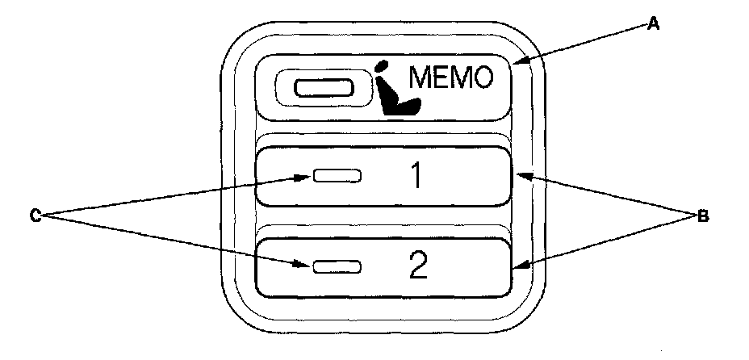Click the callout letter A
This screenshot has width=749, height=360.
click(x=655, y=26)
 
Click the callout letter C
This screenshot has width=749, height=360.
click(x=36, y=216)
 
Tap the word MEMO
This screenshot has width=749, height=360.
click(x=451, y=78)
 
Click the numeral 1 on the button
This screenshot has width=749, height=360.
click(x=416, y=176)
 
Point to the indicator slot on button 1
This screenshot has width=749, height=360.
click(x=337, y=176)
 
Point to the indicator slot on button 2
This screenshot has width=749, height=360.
click(x=337, y=266)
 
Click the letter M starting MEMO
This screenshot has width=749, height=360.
click(x=423, y=78)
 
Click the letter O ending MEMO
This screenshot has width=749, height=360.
click(x=482, y=78)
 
